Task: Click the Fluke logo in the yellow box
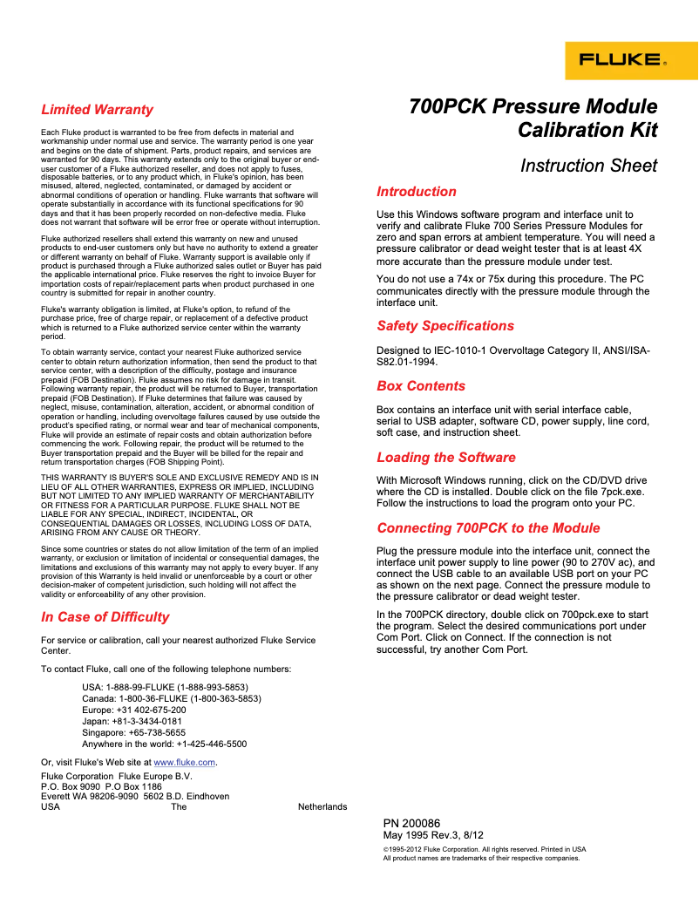pos(631,61)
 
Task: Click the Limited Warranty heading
pos(97,110)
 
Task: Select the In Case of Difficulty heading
pos(105,617)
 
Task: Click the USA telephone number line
pos(164,687)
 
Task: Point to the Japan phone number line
pos(132,721)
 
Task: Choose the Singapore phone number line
pos(133,733)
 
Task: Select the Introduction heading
pos(416,192)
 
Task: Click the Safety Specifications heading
pos(445,326)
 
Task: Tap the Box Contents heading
pos(421,386)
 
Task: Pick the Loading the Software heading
pos(445,458)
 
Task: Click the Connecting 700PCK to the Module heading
pos(488,528)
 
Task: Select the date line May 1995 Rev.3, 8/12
pos(433,835)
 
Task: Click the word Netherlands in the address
pos(322,807)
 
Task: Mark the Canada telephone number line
pos(171,698)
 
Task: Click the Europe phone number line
pos(133,710)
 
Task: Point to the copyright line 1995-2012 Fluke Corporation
pos(484,849)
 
